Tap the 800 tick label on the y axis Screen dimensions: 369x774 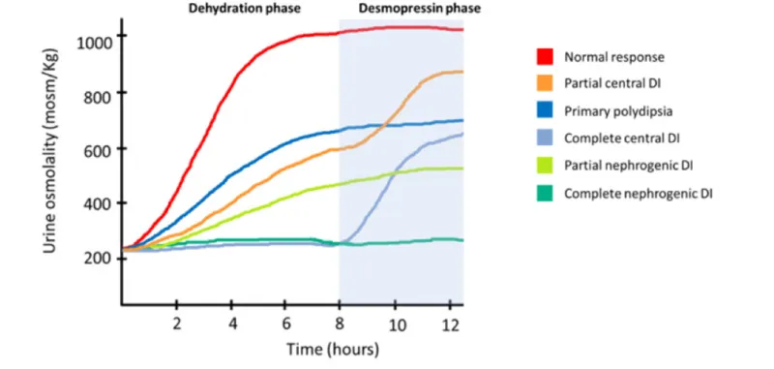(x=94, y=94)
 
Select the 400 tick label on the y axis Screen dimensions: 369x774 (x=94, y=204)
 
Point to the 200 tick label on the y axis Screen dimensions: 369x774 (x=94, y=260)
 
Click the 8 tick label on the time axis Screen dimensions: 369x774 (x=340, y=322)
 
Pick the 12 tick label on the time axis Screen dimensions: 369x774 (x=448, y=322)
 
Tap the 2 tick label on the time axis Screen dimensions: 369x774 (x=176, y=322)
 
